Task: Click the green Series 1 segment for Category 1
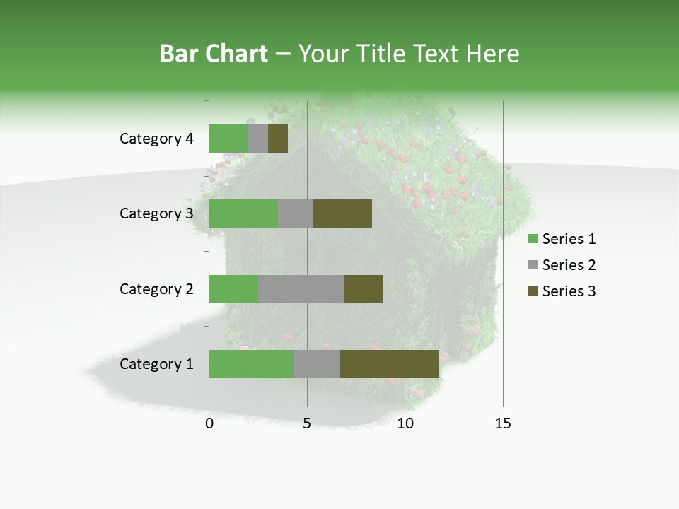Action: [x=251, y=364]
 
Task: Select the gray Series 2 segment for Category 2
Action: [x=301, y=288]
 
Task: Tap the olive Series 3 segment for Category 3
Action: [x=342, y=213]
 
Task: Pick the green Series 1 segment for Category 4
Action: [x=228, y=139]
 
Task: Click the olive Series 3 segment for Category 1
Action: [x=389, y=364]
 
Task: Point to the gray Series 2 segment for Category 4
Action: [x=258, y=139]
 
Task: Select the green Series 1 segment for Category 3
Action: [x=243, y=213]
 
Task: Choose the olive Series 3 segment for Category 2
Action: [x=364, y=288]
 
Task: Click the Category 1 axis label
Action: [x=156, y=364]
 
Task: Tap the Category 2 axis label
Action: [x=156, y=289]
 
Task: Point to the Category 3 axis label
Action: [x=156, y=213]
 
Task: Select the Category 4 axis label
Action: [x=156, y=139]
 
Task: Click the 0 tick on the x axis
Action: [x=209, y=423]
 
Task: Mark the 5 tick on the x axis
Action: [x=307, y=423]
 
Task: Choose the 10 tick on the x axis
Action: [x=405, y=423]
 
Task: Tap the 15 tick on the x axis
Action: [x=503, y=423]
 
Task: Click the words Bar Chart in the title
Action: [x=214, y=54]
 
